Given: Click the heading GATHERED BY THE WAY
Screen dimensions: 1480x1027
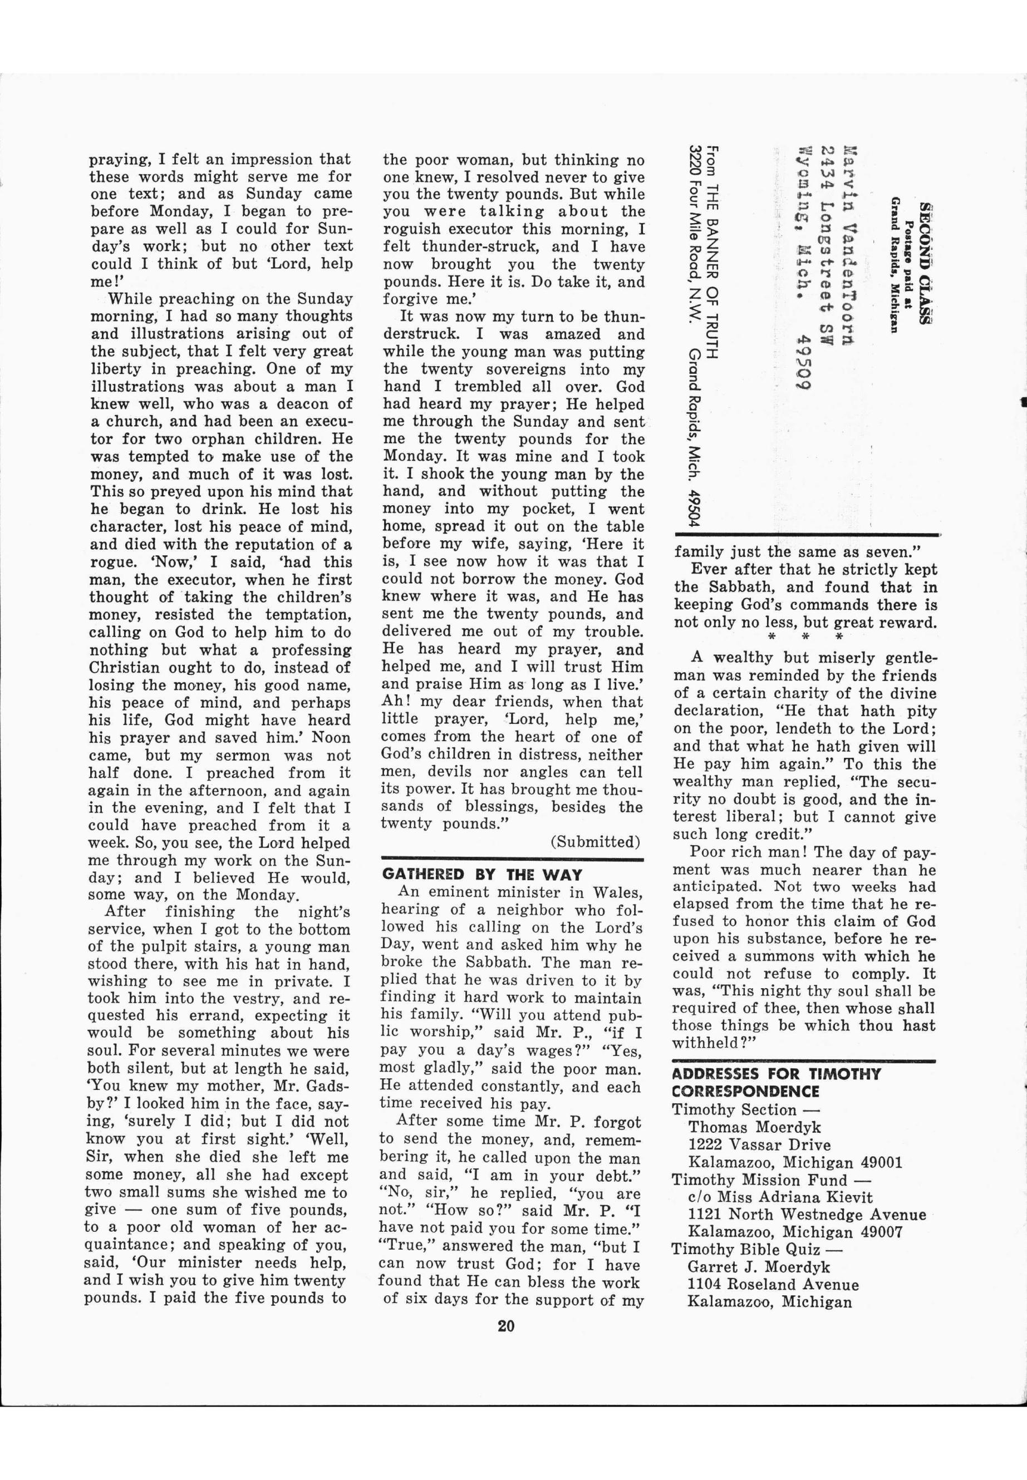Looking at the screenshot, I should point(482,875).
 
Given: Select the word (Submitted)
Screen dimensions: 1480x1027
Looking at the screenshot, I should point(595,842).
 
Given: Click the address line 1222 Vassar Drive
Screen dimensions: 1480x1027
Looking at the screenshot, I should point(759,1145).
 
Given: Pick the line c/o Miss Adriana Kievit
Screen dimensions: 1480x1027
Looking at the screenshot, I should point(780,1197).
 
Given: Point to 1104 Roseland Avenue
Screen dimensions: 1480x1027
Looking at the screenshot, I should point(773,1285).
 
